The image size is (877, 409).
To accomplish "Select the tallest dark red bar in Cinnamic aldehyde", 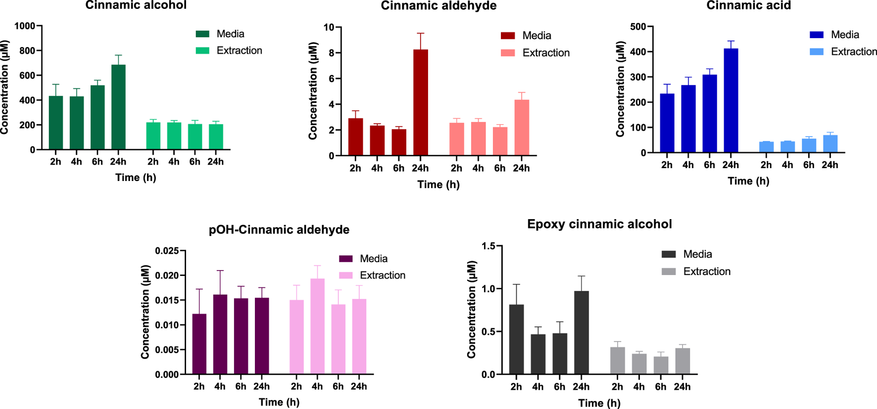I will click(420, 103).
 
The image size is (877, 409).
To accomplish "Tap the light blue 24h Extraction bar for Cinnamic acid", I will click(830, 143).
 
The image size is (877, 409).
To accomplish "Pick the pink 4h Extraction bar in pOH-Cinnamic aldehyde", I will click(317, 326).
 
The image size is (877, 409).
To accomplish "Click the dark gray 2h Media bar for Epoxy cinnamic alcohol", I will click(516, 339).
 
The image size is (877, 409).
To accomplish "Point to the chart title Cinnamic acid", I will click(748, 5).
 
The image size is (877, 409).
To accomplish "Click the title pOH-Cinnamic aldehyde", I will click(279, 229).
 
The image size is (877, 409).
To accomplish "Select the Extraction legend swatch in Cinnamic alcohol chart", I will click(202, 50).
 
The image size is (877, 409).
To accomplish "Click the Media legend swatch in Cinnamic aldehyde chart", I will click(508, 36).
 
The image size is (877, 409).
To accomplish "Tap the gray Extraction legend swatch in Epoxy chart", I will click(669, 272).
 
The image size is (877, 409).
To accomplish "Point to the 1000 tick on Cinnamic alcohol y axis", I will click(25, 26).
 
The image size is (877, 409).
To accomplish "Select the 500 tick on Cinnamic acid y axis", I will click(638, 27).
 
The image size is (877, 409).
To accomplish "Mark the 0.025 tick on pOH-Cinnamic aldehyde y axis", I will click(167, 251).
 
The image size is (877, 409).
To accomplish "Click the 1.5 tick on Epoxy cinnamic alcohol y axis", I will click(488, 246).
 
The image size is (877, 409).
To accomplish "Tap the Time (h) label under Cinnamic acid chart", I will click(748, 181).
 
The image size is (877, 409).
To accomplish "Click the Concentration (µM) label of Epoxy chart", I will click(471, 310).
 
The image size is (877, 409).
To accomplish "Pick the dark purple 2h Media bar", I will click(199, 344).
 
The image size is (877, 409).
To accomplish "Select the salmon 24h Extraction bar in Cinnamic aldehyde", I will click(522, 128).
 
